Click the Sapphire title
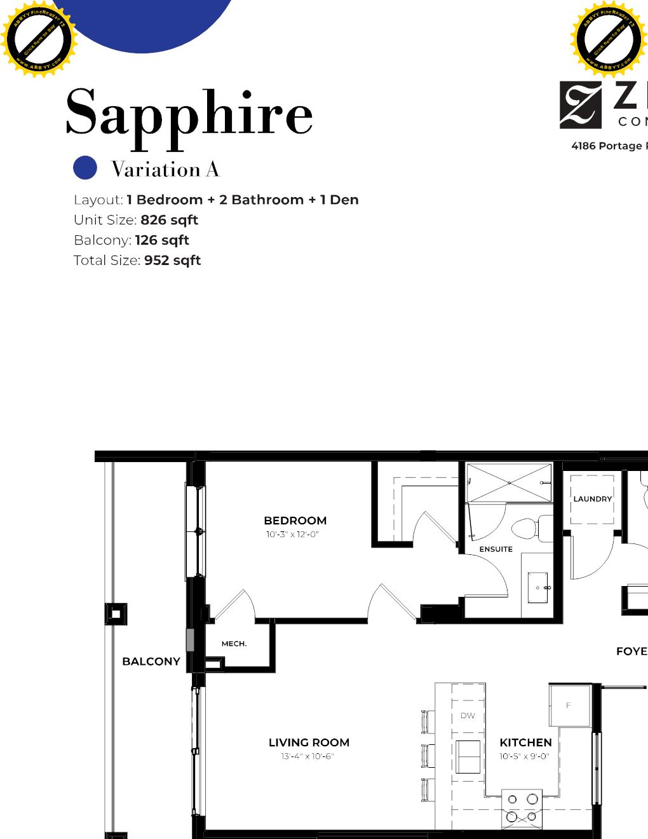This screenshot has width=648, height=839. [x=189, y=113]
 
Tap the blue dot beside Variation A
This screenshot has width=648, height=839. [x=85, y=168]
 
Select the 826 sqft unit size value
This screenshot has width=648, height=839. [x=169, y=220]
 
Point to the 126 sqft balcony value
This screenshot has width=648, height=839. [x=162, y=240]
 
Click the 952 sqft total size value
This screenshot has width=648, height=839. [x=172, y=261]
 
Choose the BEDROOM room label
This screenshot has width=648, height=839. [x=295, y=521]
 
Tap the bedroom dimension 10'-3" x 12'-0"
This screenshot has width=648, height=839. [x=292, y=535]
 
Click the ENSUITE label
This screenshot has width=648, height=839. [x=496, y=549]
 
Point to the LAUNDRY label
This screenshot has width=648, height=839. [x=592, y=499]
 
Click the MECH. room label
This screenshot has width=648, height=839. [x=234, y=644]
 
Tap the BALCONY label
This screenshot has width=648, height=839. [x=151, y=662]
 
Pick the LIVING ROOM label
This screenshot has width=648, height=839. [x=309, y=742]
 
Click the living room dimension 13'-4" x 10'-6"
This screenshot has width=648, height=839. [x=307, y=756]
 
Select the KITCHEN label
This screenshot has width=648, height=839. [x=525, y=742]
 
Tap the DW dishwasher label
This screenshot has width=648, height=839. [x=468, y=716]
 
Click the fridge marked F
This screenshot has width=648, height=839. [x=569, y=705]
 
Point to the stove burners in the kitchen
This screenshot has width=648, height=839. [x=522, y=808]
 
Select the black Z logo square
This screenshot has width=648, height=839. [x=580, y=105]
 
